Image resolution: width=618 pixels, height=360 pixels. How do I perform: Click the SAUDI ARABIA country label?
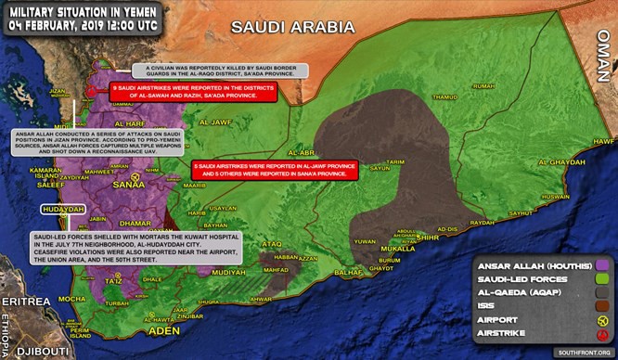tap(292, 27)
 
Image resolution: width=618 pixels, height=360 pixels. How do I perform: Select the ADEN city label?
tap(139, 330)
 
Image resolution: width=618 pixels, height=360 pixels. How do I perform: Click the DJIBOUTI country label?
tap(32, 352)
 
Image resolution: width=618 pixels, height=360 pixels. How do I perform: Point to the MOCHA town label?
tap(71, 299)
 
